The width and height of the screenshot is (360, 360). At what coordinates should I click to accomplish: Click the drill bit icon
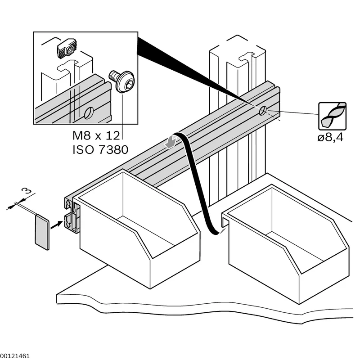click(x=332, y=116)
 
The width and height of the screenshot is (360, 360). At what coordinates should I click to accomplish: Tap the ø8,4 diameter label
click(x=330, y=138)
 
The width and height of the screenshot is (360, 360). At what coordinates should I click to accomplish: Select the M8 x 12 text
click(x=96, y=136)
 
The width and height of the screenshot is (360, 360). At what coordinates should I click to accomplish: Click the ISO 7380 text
click(x=100, y=150)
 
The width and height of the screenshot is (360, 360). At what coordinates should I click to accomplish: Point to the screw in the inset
click(x=121, y=81)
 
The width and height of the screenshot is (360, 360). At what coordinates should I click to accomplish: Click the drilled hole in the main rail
click(x=262, y=111)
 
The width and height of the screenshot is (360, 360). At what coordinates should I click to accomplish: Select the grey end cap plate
click(x=42, y=232)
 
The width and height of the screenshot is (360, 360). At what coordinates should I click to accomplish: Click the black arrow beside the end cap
click(x=57, y=225)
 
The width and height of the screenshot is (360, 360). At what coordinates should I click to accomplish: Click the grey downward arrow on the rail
click(x=170, y=141)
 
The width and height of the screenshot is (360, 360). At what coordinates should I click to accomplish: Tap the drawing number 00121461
click(x=15, y=356)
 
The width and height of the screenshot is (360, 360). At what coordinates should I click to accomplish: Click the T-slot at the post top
click(x=247, y=58)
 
